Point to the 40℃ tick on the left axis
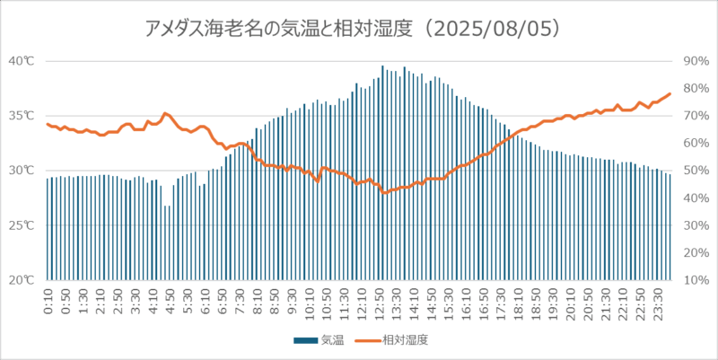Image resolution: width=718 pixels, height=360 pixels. (x=22, y=61)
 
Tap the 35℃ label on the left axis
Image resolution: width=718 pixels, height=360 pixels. (x=22, y=116)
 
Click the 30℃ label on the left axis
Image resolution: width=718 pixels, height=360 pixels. (x=22, y=171)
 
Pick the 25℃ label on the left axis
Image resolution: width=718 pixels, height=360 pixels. (x=22, y=225)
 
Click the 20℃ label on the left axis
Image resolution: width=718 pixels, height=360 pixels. (x=22, y=280)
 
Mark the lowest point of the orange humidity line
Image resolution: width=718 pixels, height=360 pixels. (x=383, y=193)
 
